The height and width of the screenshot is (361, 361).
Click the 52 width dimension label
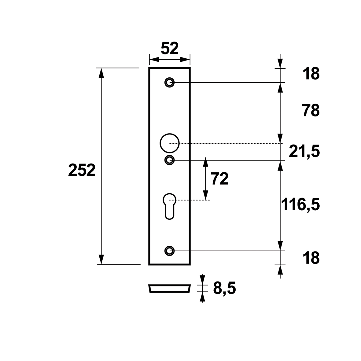tap(169, 48)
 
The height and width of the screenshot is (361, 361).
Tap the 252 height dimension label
tap(82, 170)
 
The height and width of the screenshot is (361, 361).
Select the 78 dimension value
tap(311, 111)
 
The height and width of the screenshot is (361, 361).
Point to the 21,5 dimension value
tap(304, 152)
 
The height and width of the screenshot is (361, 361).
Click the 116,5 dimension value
tap(300, 204)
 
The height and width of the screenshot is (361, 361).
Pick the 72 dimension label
tap(220, 179)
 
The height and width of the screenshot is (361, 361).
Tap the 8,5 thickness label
tap(224, 288)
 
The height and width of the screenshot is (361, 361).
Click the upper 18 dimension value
tap(311, 74)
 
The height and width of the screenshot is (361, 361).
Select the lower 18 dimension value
tap(311, 258)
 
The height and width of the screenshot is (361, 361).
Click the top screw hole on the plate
tap(169, 82)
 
